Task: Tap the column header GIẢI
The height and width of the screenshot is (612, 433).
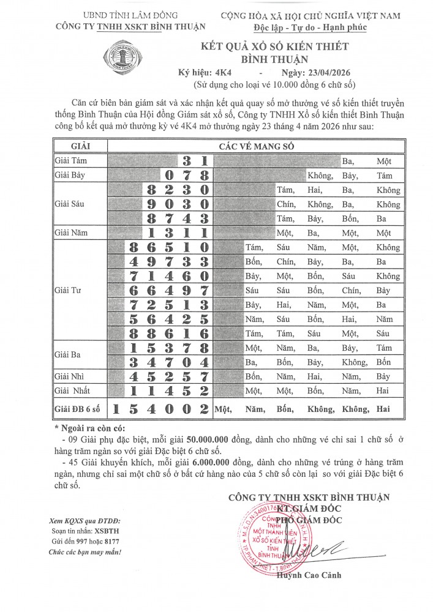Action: click(x=80, y=146)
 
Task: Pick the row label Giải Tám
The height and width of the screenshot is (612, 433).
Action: click(x=71, y=161)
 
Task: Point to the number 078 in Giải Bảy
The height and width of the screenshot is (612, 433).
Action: click(x=187, y=175)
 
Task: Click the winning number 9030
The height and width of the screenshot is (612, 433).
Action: click(x=178, y=204)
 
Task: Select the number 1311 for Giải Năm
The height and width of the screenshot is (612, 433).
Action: click(x=178, y=233)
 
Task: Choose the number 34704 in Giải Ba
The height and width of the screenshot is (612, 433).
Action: click(x=170, y=362)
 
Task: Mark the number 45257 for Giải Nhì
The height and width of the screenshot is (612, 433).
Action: click(x=170, y=376)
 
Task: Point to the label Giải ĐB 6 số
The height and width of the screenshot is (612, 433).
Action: click(x=79, y=408)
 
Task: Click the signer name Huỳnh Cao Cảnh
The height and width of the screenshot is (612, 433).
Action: click(x=309, y=575)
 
